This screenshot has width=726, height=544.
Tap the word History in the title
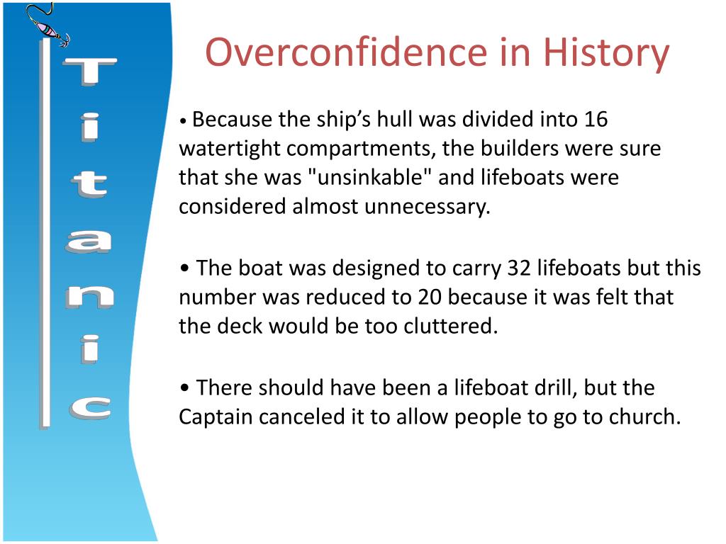pyautogui.click(x=605, y=53)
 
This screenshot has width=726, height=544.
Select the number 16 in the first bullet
pyautogui.click(x=596, y=119)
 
